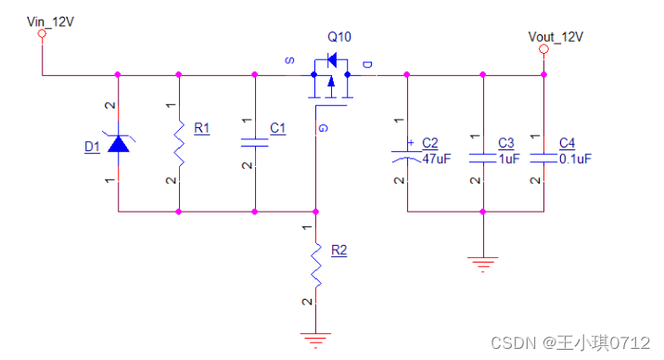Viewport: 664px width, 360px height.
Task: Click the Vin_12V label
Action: [50, 21]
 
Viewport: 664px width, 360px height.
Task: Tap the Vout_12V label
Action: [555, 37]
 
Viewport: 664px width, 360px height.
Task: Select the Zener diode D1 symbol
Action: [119, 143]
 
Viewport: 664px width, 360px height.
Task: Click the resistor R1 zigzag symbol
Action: [179, 144]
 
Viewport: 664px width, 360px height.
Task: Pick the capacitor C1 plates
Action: [254, 143]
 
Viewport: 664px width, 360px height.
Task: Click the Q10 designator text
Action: [339, 37]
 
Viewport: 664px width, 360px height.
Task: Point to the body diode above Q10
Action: [332, 60]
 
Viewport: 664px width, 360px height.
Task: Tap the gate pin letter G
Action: [323, 128]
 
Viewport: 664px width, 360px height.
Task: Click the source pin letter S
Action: [289, 60]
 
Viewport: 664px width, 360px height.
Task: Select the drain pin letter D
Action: [367, 64]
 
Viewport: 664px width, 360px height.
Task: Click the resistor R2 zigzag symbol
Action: [316, 265]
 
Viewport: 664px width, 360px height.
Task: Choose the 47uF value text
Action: [437, 159]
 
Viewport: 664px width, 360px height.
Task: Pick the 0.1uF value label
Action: [575, 159]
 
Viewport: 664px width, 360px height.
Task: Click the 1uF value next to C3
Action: [508, 159]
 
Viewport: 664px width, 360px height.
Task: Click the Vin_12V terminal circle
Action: [42, 33]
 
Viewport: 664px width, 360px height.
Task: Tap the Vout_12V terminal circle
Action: [543, 49]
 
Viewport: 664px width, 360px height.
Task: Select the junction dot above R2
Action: [315, 212]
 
